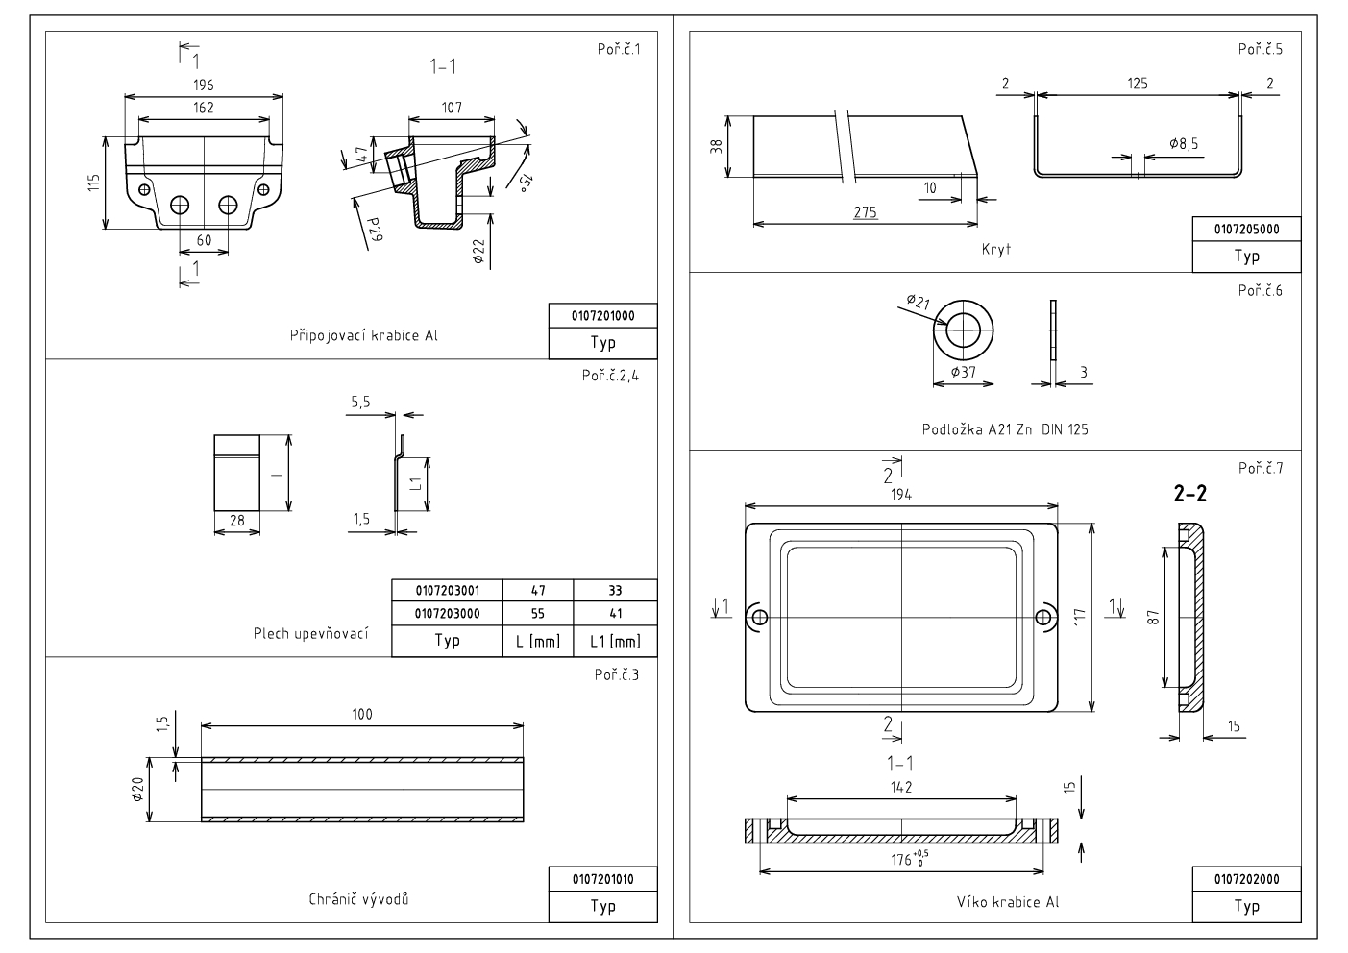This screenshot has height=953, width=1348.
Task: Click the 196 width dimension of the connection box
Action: pyautogui.click(x=204, y=86)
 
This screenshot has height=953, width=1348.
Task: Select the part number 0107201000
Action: pyautogui.click(x=602, y=315)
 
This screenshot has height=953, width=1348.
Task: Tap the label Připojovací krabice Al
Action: pyautogui.click(x=364, y=336)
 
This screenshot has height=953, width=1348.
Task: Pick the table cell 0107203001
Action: pyautogui.click(x=447, y=591)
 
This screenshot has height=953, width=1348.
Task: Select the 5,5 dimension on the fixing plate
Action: pyautogui.click(x=360, y=403)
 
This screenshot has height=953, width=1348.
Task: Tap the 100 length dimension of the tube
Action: pyautogui.click(x=362, y=715)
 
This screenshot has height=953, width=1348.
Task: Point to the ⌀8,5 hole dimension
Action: pyautogui.click(x=1184, y=143)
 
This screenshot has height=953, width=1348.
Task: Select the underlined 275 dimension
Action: pyautogui.click(x=865, y=212)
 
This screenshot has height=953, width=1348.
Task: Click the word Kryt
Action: pyautogui.click(x=996, y=249)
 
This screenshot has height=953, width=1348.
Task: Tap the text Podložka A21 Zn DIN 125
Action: pyautogui.click(x=1004, y=429)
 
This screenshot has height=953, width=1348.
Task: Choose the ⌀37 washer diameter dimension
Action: pyautogui.click(x=963, y=372)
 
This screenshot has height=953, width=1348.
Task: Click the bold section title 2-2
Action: pyautogui.click(x=1190, y=495)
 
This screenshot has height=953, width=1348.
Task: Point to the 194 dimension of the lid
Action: pyautogui.click(x=900, y=494)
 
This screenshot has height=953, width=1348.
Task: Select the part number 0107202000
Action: pyautogui.click(x=1246, y=879)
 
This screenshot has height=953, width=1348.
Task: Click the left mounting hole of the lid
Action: pyautogui.click(x=759, y=616)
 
